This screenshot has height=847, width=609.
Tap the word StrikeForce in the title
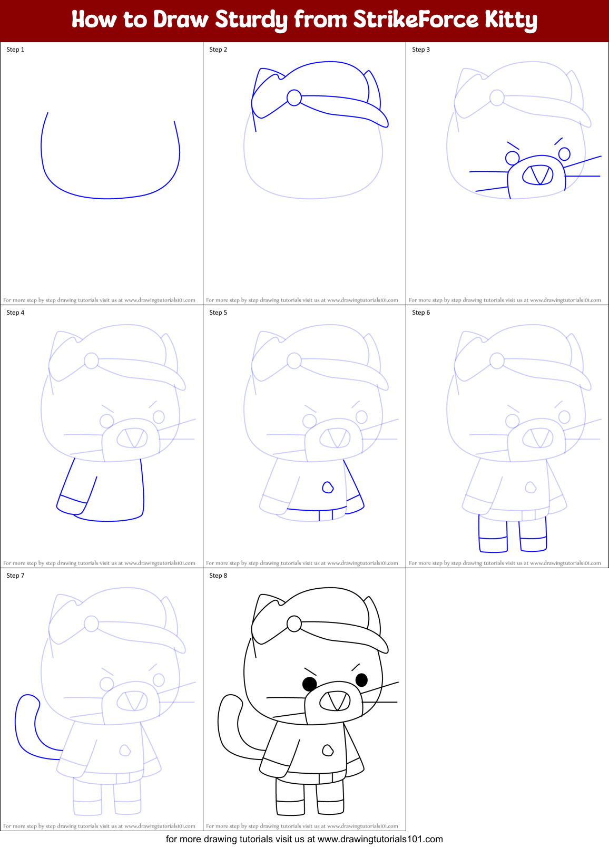coord(416,20)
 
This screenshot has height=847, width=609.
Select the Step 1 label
coord(15,50)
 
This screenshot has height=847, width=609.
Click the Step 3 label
coord(421,50)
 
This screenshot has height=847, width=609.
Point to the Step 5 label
coord(218,313)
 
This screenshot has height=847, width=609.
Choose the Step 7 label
coord(15,576)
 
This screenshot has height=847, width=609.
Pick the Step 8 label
coord(218,576)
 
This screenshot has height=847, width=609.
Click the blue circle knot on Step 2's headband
coord(294,98)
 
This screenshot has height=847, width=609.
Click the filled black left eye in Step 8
coord(309,684)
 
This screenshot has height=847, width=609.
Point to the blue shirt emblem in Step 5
coord(328,487)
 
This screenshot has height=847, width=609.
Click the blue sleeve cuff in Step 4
coord(72,505)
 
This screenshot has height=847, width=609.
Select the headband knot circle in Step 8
coord(294,624)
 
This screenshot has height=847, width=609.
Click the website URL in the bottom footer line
coord(380,839)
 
